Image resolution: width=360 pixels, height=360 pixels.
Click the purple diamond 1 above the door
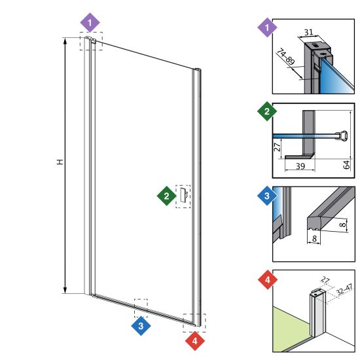[90, 22]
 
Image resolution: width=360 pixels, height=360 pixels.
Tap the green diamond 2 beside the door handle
[167, 196]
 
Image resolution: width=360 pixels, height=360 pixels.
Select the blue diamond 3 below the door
[141, 326]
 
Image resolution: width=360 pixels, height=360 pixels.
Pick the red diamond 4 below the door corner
[195, 341]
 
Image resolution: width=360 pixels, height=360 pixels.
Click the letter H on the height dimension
[60, 162]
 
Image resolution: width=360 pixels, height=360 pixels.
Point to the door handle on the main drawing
[184, 196]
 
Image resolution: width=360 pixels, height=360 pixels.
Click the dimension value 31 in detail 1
[308, 32]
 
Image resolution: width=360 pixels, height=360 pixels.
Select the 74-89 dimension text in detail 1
[285, 56]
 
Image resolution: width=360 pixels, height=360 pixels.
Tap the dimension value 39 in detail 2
[300, 166]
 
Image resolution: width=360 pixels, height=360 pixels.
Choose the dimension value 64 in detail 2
[346, 164]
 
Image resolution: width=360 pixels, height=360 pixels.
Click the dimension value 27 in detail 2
[277, 147]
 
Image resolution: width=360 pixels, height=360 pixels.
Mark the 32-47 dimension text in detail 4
[344, 290]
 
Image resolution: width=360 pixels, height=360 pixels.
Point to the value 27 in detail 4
[325, 280]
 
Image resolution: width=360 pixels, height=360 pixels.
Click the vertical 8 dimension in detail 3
[342, 225]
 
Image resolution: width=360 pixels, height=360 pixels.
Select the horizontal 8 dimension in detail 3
[314, 238]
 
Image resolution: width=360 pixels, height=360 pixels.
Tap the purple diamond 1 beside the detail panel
[267, 27]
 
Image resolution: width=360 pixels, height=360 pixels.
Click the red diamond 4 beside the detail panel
[268, 279]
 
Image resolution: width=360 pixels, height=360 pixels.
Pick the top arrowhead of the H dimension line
[65, 41]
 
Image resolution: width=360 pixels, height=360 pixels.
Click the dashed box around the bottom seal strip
[141, 308]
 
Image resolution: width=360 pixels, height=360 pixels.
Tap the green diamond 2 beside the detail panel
[267, 111]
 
